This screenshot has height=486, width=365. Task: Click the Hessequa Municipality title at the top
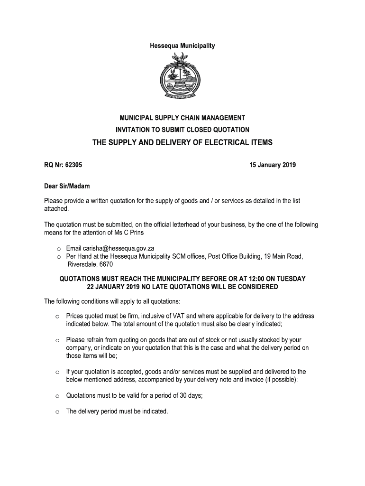coord(182,46)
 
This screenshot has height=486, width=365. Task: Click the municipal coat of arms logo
coord(182,76)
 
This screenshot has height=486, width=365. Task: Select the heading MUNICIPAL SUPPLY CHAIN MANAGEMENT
coord(182,118)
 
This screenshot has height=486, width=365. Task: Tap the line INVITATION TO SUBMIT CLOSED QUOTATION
coord(182,130)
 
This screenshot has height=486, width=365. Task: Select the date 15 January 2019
coord(273,165)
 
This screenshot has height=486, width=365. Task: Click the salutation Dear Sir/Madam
coord(67,187)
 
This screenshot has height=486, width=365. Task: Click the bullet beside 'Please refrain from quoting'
coord(56,340)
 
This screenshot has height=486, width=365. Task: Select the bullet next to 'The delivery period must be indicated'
coord(56,412)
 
